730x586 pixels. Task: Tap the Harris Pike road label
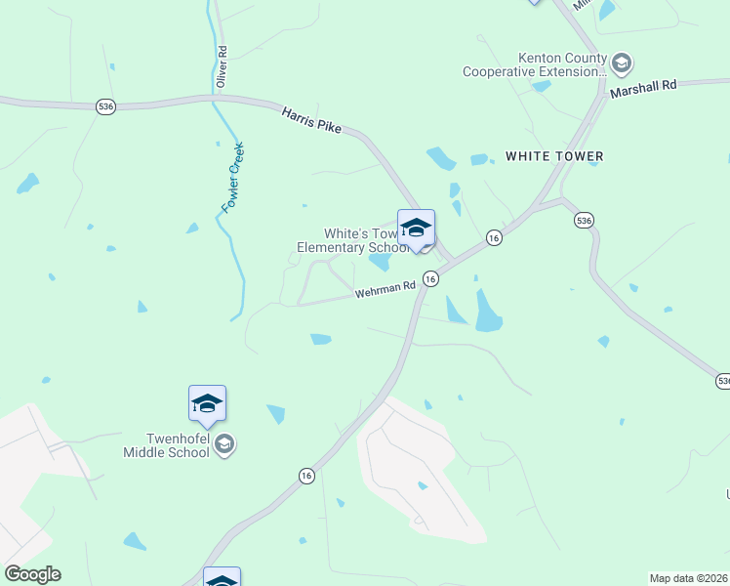pyautogui.click(x=311, y=121)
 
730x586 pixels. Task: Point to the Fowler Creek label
pyautogui.click(x=232, y=178)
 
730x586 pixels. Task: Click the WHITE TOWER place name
pyautogui.click(x=554, y=156)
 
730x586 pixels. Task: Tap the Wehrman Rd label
pyautogui.click(x=385, y=290)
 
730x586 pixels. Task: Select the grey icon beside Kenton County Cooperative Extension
pyautogui.click(x=621, y=64)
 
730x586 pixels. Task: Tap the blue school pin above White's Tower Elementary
pyautogui.click(x=416, y=229)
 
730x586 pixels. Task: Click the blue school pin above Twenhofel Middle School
pyautogui.click(x=207, y=403)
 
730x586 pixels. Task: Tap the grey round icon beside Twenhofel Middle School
pyautogui.click(x=224, y=445)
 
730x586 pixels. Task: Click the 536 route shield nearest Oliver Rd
pyautogui.click(x=105, y=105)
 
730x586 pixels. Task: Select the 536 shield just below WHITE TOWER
pyautogui.click(x=584, y=221)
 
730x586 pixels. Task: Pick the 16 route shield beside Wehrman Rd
pyautogui.click(x=430, y=278)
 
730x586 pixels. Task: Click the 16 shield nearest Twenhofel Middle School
pyautogui.click(x=306, y=475)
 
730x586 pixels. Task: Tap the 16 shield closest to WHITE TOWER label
pyautogui.click(x=495, y=238)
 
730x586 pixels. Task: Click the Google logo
pyautogui.click(x=32, y=574)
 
